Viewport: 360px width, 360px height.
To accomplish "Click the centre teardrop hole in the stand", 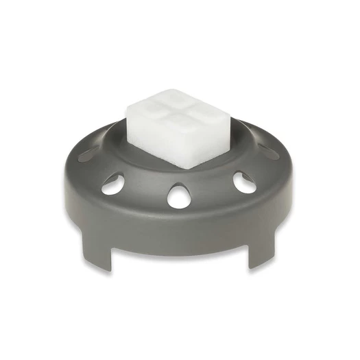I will [x=178, y=196].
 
